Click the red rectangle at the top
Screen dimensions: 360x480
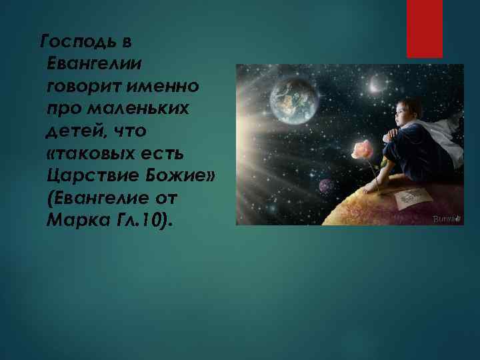[424, 28]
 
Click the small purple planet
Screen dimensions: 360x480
[327, 185]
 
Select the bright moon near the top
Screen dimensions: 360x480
[377, 83]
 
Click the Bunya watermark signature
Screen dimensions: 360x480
[444, 218]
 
